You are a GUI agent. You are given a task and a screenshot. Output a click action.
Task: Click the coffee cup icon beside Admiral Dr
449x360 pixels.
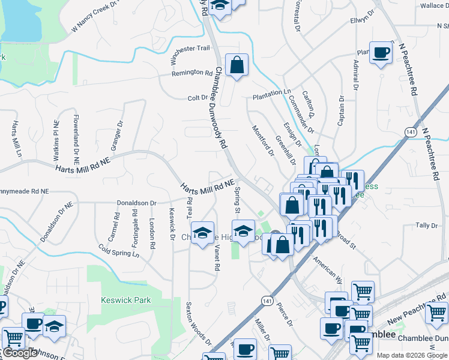point(381,53)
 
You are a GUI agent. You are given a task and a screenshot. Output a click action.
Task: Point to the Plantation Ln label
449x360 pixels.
point(271,94)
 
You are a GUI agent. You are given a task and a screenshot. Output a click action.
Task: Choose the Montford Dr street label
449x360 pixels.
point(263,140)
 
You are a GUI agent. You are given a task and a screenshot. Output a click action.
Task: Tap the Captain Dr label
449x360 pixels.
point(340,111)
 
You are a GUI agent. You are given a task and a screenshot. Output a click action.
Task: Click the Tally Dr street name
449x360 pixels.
point(427,226)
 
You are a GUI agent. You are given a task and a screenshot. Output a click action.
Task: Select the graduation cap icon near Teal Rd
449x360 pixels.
point(202,233)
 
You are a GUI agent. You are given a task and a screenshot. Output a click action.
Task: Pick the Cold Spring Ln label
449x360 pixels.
point(118,251)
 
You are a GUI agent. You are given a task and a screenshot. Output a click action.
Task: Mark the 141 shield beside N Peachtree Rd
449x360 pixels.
point(409,131)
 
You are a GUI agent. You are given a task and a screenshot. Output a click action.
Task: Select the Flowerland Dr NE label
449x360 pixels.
point(76,139)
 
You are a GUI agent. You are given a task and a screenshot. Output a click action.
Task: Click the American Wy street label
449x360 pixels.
point(327,266)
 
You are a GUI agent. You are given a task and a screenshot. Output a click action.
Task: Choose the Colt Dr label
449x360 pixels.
point(197,98)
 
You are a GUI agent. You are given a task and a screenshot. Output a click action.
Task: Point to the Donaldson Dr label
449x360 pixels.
point(136,203)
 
